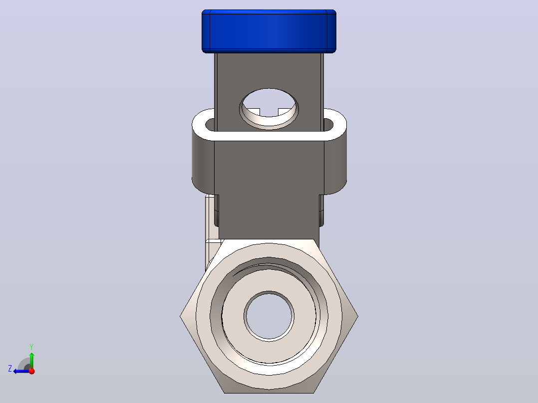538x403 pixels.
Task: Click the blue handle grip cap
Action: (269, 31)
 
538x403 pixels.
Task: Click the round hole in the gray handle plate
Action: (269, 109)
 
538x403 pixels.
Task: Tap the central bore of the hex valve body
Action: (269, 316)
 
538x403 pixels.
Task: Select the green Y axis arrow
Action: (31, 360)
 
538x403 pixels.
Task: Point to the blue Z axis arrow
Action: (21, 371)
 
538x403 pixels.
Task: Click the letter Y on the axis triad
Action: (31, 347)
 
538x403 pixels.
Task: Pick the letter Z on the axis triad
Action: (10, 369)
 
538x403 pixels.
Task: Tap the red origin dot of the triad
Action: (32, 371)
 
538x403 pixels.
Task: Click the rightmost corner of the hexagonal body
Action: (358, 316)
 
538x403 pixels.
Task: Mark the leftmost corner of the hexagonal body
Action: (180, 316)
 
